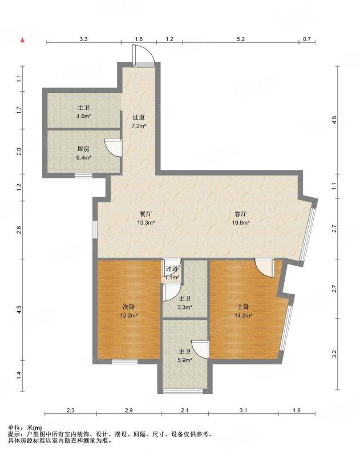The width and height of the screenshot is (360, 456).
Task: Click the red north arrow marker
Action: [22, 40]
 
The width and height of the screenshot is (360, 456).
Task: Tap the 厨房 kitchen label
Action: [83, 149]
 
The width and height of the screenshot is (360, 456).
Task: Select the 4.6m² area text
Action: [83, 116]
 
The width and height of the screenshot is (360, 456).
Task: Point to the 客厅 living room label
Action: [241, 214]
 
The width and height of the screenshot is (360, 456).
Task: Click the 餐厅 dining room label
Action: [146, 214]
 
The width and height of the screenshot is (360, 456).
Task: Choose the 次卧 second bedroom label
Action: [128, 307]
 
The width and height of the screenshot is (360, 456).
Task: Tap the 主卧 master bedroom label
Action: [243, 307]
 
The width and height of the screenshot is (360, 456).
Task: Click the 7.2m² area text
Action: [139, 126]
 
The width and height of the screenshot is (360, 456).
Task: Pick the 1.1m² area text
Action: [172, 278]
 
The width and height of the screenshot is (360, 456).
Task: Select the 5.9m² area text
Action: [185, 360]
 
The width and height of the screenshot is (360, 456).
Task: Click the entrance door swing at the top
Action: [143, 54]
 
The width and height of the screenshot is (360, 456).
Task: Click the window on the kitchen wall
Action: [83, 176]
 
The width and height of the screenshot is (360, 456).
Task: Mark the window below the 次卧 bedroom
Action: [124, 362]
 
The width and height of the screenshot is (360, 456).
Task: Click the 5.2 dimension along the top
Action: [241, 39]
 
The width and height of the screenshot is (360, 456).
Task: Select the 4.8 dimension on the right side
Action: [334, 120]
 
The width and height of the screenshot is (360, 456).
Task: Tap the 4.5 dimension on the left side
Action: [19, 310]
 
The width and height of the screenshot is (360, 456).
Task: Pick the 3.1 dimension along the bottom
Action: [243, 410]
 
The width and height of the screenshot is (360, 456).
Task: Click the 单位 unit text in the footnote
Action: [13, 428]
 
